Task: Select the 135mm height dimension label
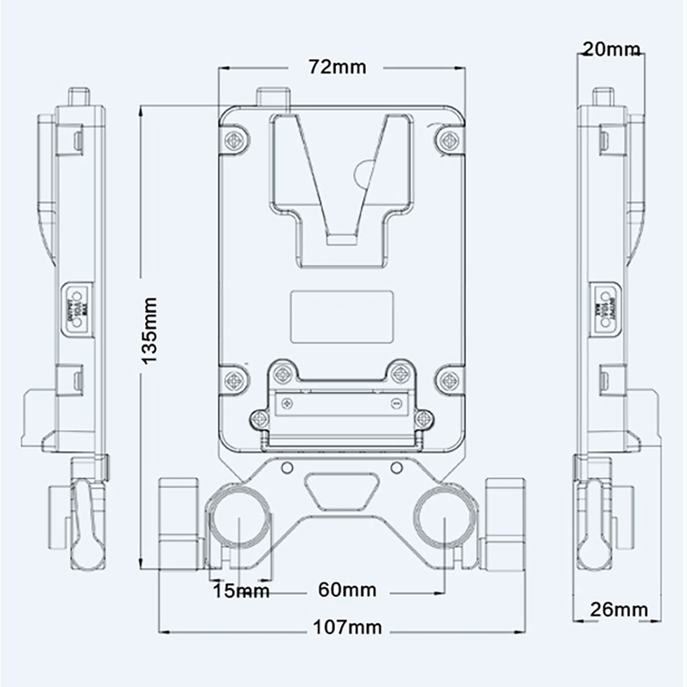[x=150, y=330]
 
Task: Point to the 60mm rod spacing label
[x=347, y=590]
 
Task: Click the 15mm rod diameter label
[x=240, y=591]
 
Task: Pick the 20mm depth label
[x=610, y=49]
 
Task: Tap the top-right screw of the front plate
[x=448, y=140]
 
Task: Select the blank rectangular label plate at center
[x=341, y=316]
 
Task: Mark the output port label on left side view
[x=76, y=307]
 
